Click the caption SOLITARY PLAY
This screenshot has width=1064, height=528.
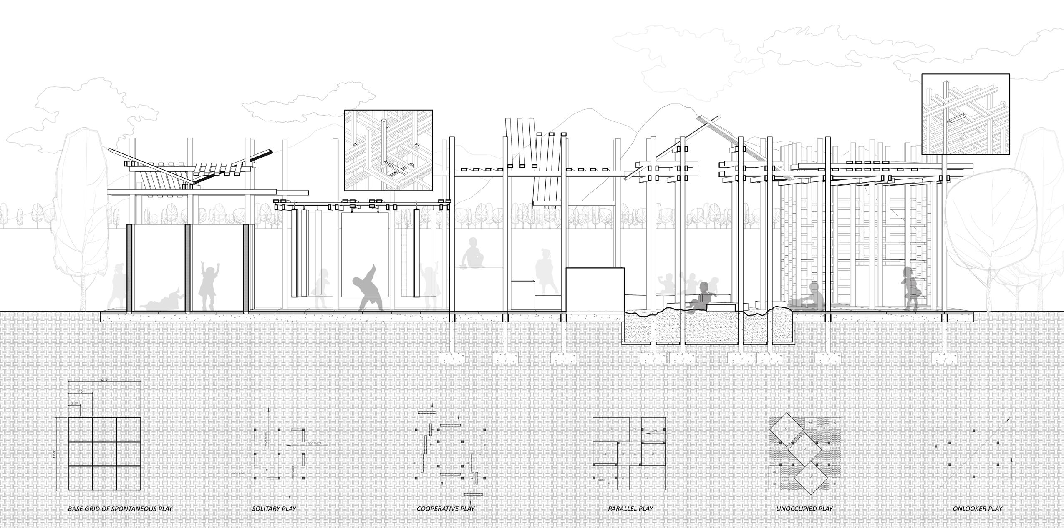click(x=274, y=508)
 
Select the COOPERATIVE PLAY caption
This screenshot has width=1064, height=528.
click(x=446, y=508)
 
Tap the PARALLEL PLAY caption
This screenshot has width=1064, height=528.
click(x=630, y=508)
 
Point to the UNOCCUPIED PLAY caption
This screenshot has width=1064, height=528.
click(x=804, y=508)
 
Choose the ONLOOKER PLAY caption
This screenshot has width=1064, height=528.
click(x=977, y=508)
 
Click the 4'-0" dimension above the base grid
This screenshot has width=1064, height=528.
click(x=80, y=392)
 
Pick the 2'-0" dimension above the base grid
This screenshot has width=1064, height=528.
click(x=75, y=404)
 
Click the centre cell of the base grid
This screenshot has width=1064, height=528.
click(x=104, y=454)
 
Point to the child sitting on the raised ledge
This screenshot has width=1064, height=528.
click(x=473, y=252)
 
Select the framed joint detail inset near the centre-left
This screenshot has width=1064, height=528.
click(x=388, y=150)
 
